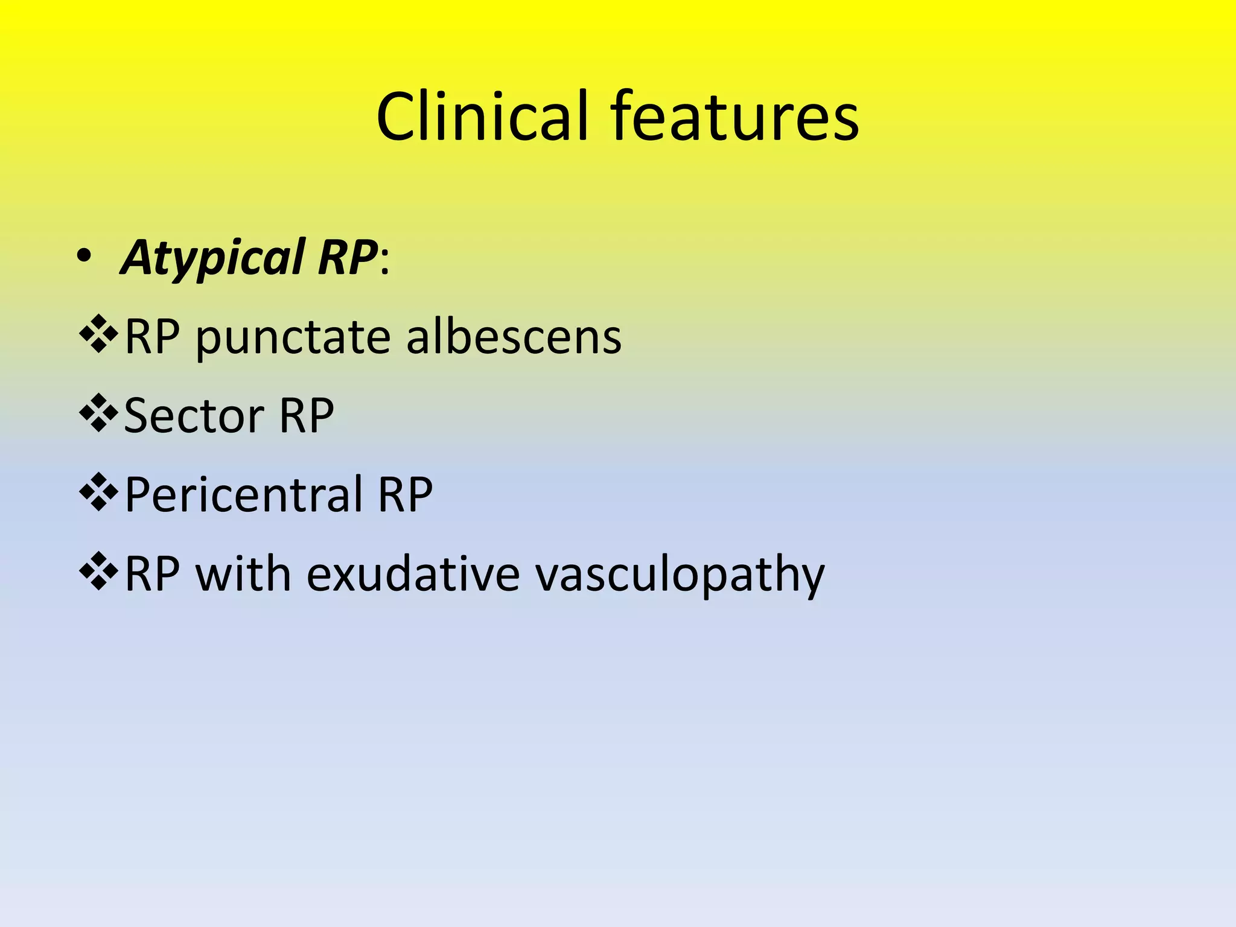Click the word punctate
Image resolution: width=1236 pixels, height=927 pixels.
coord(292,338)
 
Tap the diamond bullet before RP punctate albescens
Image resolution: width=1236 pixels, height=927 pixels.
coord(98,334)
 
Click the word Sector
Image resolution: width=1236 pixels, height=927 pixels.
coord(193,416)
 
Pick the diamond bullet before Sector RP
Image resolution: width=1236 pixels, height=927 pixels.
coord(98,413)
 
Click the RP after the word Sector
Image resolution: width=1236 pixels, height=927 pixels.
coord(307,416)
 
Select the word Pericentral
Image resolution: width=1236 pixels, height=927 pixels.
coord(243,495)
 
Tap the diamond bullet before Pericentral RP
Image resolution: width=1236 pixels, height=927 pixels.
coord(98,492)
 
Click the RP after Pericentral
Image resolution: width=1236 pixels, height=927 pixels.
coord(405,495)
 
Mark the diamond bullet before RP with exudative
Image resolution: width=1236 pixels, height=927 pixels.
coord(98,572)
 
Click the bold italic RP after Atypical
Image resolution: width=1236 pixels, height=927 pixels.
coord(347,258)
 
